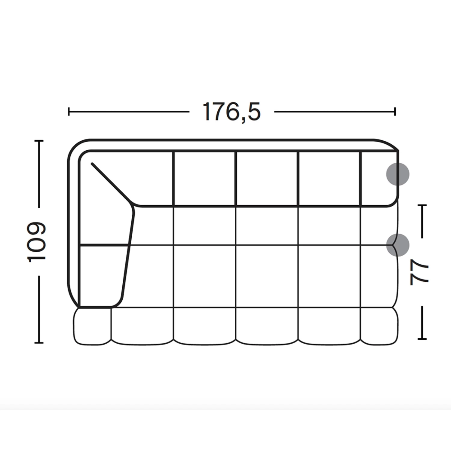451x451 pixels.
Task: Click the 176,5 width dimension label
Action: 232,112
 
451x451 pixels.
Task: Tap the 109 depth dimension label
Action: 37,242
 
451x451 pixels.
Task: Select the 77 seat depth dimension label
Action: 420,272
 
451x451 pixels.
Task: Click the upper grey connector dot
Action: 397,174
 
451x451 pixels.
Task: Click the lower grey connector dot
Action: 397,245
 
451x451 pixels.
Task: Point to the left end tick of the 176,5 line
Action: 69,112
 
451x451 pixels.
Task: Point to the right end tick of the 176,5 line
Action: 395,112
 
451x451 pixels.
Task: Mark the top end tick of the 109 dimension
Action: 39,140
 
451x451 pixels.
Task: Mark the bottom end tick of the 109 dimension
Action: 39,342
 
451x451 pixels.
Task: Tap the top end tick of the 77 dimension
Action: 422,205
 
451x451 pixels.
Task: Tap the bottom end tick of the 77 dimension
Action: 422,339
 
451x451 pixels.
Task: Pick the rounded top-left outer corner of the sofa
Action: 75,147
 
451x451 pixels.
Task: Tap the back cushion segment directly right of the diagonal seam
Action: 150,177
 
